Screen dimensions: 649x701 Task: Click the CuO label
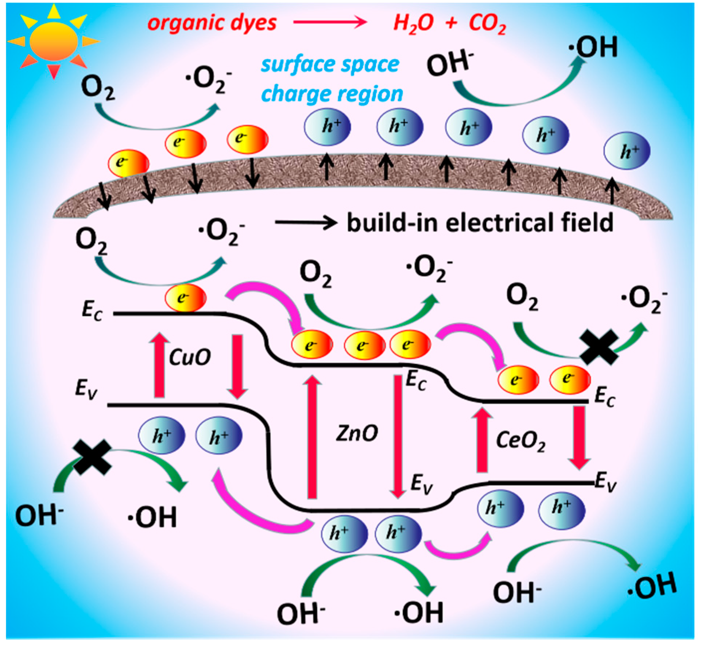(x=190, y=357)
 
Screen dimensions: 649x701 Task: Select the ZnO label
(x=357, y=433)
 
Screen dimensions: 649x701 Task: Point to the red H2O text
(x=413, y=24)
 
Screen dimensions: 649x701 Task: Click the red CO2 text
(x=487, y=24)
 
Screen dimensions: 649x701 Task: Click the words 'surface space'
(x=330, y=65)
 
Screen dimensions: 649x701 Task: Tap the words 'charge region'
(x=332, y=94)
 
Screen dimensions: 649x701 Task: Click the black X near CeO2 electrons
(x=599, y=347)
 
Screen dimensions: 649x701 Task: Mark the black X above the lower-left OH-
(x=92, y=457)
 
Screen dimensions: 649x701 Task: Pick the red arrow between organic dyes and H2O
(x=330, y=23)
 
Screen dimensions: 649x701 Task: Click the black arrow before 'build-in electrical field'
(x=306, y=222)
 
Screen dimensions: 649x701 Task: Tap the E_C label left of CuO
(x=92, y=310)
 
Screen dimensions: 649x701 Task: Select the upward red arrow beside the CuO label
(x=159, y=365)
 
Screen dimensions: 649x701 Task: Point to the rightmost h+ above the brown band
(x=627, y=151)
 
